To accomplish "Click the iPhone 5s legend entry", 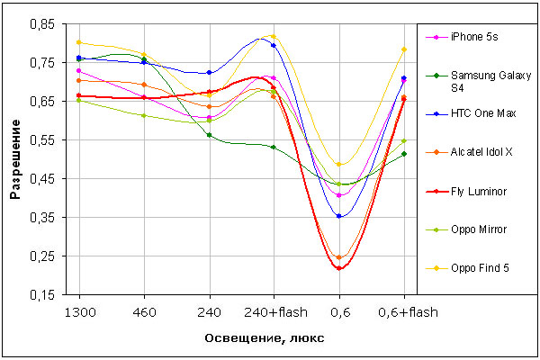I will [481, 36].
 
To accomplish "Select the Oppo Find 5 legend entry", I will [487, 267].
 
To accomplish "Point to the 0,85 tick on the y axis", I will [41, 24].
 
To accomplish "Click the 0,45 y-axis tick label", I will [41, 179].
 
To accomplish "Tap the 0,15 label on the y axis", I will [41, 294].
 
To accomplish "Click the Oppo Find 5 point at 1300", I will [79, 42].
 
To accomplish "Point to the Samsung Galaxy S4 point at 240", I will [209, 135].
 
